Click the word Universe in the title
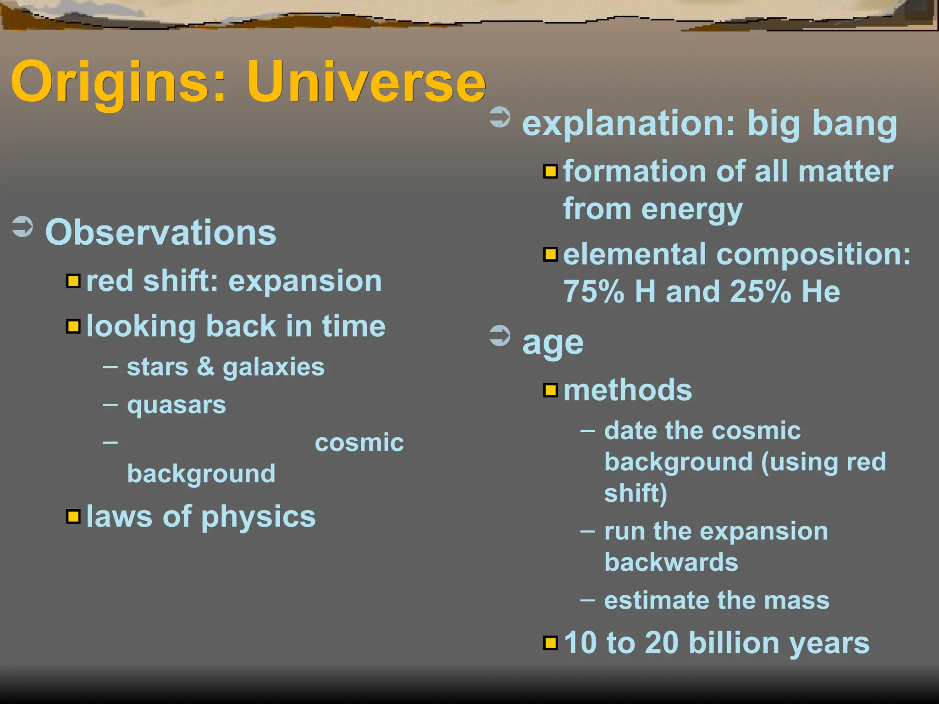pyautogui.click(x=366, y=82)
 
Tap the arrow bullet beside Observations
pyautogui.click(x=22, y=226)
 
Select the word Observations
pyautogui.click(x=160, y=232)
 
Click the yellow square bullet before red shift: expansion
pyautogui.click(x=73, y=280)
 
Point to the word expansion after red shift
pyautogui.click(x=305, y=281)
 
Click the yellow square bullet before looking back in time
pyautogui.click(x=73, y=326)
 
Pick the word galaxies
pyautogui.click(x=273, y=368)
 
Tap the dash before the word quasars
pyautogui.click(x=110, y=405)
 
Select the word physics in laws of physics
pyautogui.click(x=258, y=517)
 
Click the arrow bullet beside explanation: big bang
pyautogui.click(x=500, y=117)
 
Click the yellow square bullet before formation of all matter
pyautogui.click(x=550, y=171)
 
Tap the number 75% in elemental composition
pyautogui.click(x=593, y=291)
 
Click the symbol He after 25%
pyautogui.click(x=820, y=291)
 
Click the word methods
pyautogui.click(x=627, y=390)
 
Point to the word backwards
pyautogui.click(x=671, y=562)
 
